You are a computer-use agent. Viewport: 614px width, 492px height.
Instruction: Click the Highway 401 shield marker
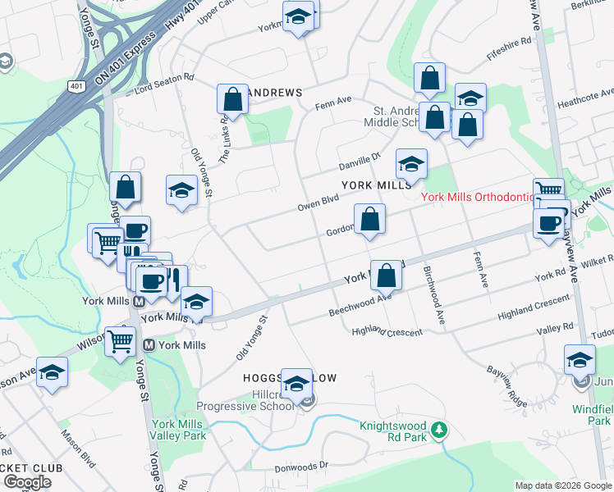(76, 86)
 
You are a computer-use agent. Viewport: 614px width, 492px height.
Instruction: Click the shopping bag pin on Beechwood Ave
(386, 276)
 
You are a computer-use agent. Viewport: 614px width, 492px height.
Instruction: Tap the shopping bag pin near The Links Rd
(233, 100)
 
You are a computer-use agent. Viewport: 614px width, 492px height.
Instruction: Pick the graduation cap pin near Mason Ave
(52, 373)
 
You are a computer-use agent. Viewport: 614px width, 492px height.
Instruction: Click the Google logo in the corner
(26, 482)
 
